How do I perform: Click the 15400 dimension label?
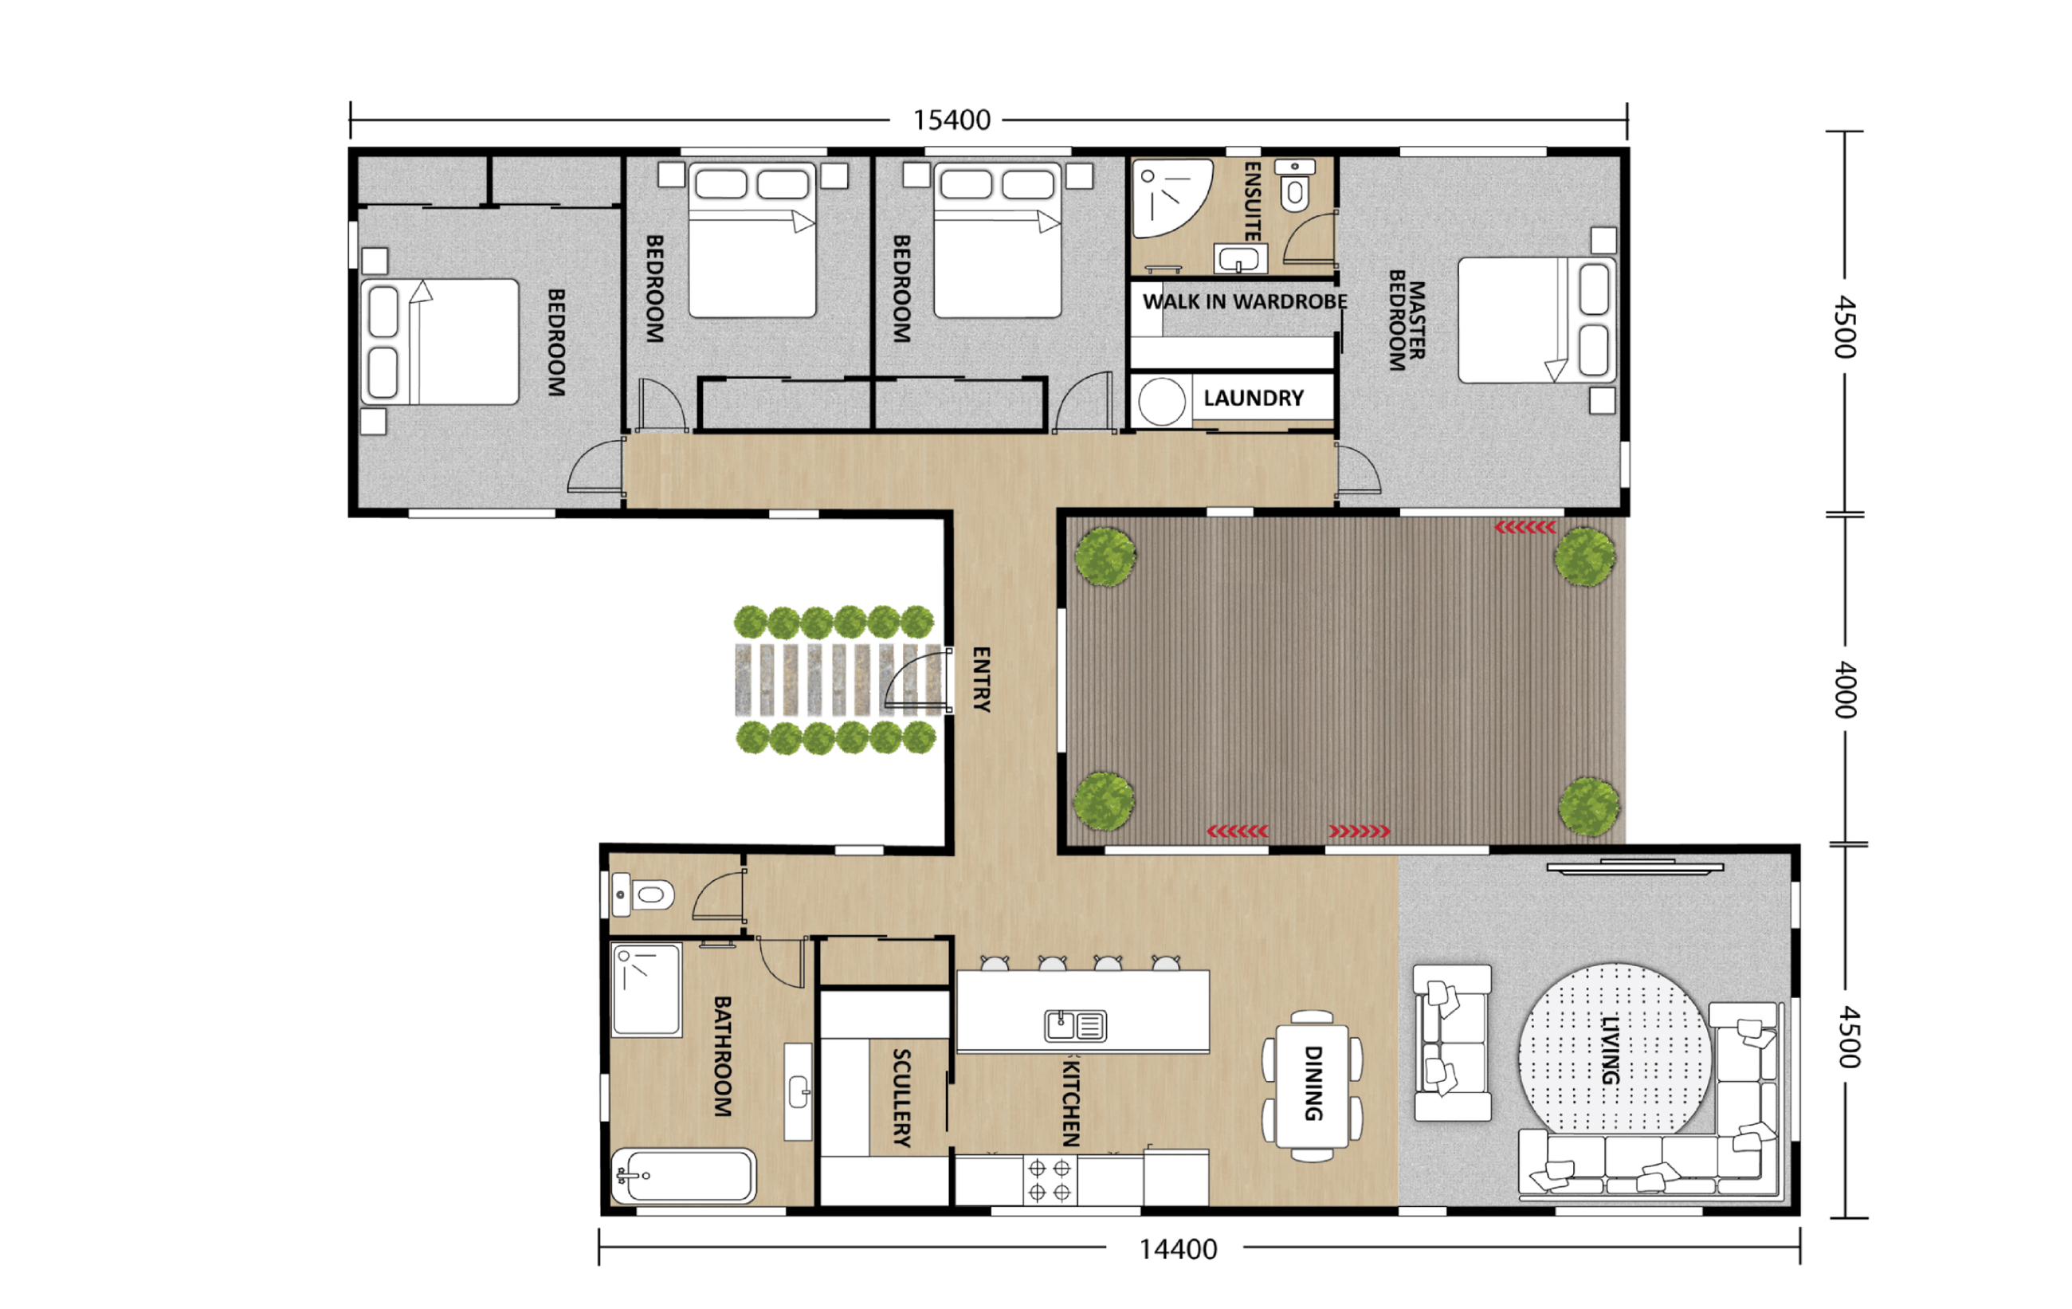coord(951,120)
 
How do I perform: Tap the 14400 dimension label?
coord(1177,1248)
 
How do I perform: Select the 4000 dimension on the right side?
coord(1845,690)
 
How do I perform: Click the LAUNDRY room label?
coord(1253,399)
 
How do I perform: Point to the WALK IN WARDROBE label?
coord(1244,302)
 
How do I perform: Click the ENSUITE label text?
coord(1253,202)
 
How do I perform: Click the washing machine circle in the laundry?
coord(1162,402)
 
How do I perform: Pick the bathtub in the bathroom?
coord(684,1176)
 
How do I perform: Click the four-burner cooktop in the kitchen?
coord(1049,1180)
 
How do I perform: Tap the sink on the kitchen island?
coord(1075,1026)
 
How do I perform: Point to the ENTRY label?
coord(981,679)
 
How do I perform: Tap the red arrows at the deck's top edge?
coord(1525,528)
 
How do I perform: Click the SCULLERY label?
coord(901,1097)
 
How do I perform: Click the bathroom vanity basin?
coord(799,1092)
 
